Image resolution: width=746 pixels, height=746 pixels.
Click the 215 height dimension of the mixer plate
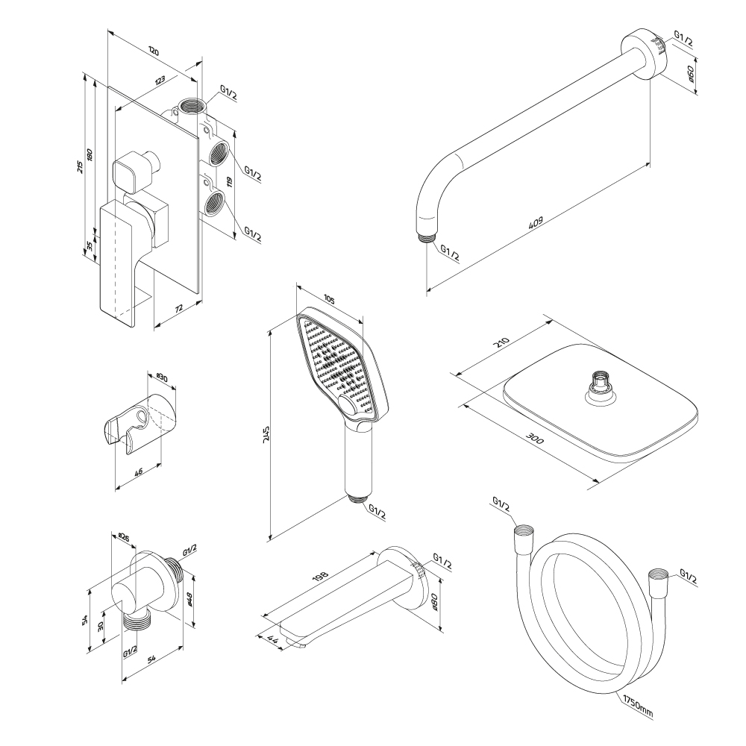81,167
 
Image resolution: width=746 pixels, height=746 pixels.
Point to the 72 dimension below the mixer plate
179,307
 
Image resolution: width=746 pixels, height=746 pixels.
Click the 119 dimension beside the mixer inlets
231,181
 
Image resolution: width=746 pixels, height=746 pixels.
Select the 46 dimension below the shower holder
140,472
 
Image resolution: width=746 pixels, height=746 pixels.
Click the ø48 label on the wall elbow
190,598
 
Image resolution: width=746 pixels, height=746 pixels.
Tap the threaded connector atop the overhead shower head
598,384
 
